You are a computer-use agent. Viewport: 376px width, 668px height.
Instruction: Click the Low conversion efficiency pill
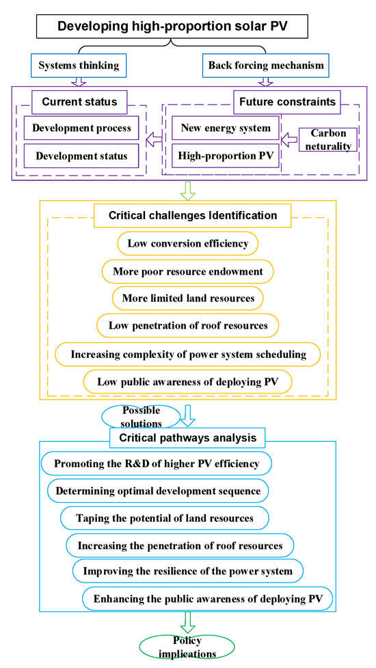point(188,243)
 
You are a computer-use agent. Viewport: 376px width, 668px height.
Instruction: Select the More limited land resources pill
point(188,298)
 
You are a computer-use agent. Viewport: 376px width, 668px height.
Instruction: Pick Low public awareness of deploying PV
point(188,380)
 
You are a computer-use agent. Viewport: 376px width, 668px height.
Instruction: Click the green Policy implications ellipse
point(188,648)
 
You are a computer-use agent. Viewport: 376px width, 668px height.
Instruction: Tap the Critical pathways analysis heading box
point(188,436)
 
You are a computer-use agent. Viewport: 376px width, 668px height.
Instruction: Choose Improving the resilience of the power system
point(188,571)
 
